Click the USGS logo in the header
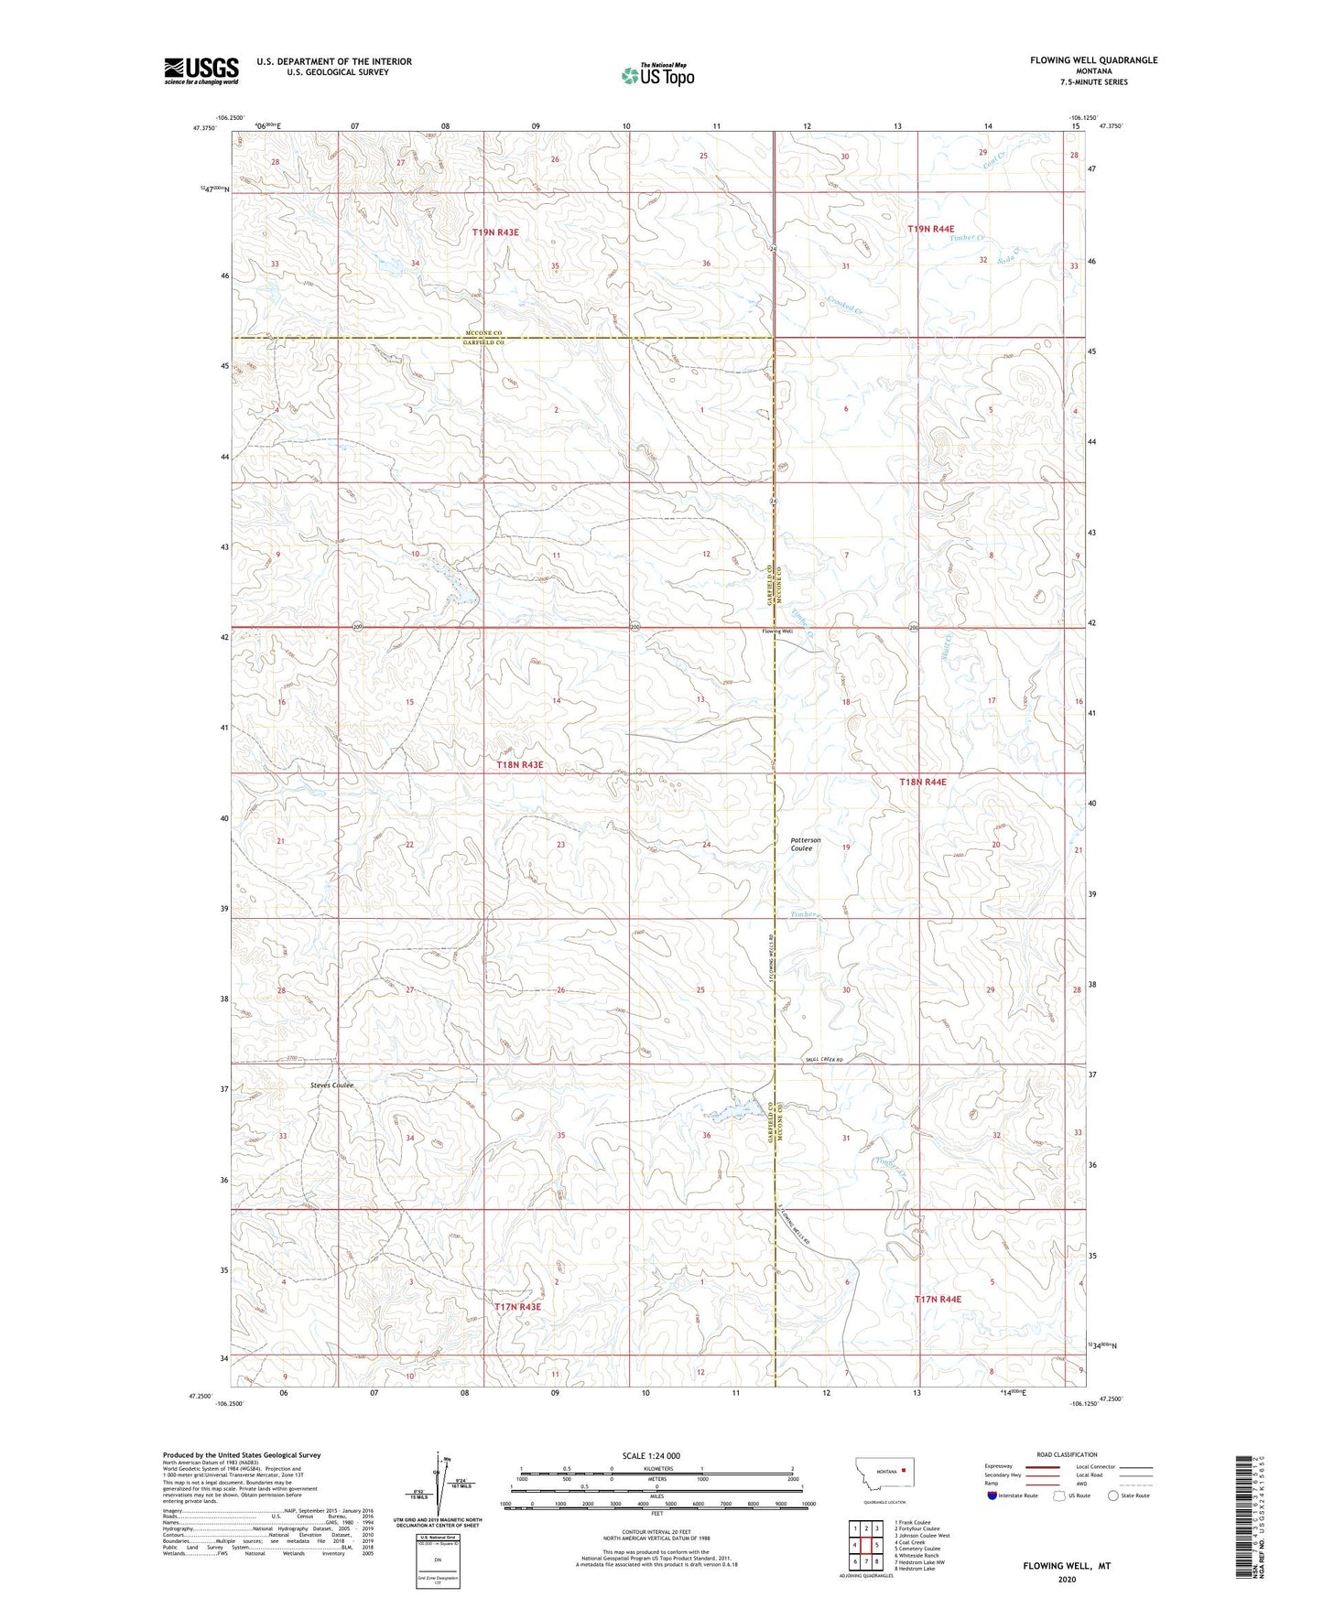[201, 70]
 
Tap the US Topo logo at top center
[657, 75]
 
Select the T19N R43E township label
[495, 232]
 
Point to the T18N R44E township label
[923, 782]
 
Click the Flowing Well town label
[777, 632]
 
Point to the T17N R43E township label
[517, 1307]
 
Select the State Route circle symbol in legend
[1113, 1495]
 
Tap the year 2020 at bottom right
[1067, 1579]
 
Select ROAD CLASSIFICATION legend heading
[1067, 1454]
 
